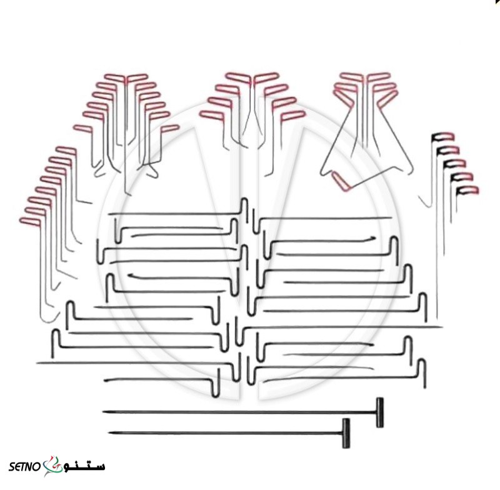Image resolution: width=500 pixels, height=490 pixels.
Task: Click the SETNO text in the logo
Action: (x=24, y=467)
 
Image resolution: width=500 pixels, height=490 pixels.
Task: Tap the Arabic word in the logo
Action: (x=84, y=466)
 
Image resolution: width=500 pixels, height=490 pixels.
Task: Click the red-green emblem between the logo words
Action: (x=52, y=466)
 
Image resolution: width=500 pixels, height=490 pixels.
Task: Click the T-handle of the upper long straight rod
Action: (x=379, y=412)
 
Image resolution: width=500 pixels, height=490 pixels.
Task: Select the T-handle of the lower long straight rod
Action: (x=346, y=433)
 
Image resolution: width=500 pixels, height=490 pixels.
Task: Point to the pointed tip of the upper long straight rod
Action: (x=103, y=412)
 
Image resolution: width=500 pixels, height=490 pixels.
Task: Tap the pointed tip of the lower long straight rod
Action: (x=110, y=433)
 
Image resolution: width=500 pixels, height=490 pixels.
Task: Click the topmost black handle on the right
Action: (x=443, y=137)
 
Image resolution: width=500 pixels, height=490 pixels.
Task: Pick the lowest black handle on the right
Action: (x=467, y=191)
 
